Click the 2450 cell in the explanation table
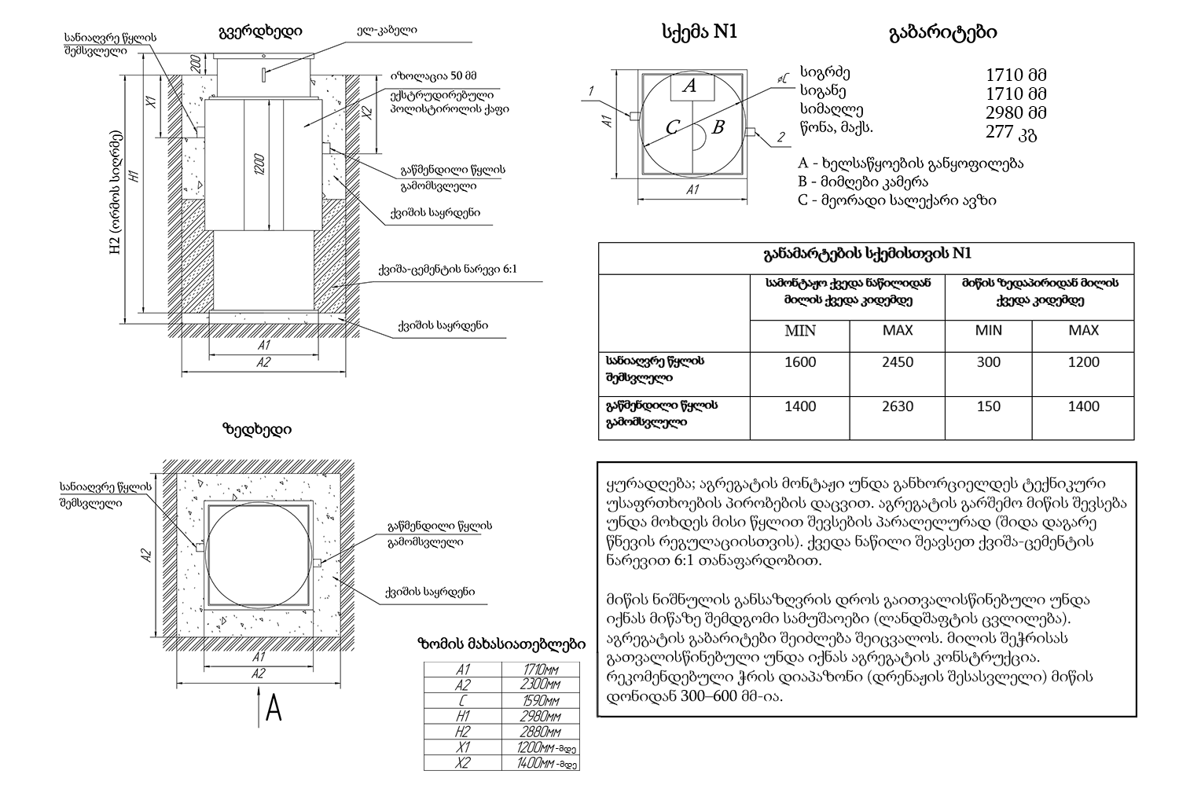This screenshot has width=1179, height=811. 898,362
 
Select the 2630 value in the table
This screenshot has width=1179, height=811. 898,406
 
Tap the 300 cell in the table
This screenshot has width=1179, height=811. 988,362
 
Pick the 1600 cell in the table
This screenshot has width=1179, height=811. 800,362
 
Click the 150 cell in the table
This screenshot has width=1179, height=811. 988,406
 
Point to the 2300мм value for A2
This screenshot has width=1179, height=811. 542,685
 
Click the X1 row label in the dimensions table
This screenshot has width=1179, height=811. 462,747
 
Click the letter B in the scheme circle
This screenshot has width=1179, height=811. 717,127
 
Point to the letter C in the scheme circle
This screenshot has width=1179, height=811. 672,128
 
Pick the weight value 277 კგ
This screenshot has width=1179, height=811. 1012,132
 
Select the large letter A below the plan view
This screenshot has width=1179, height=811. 274,709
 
